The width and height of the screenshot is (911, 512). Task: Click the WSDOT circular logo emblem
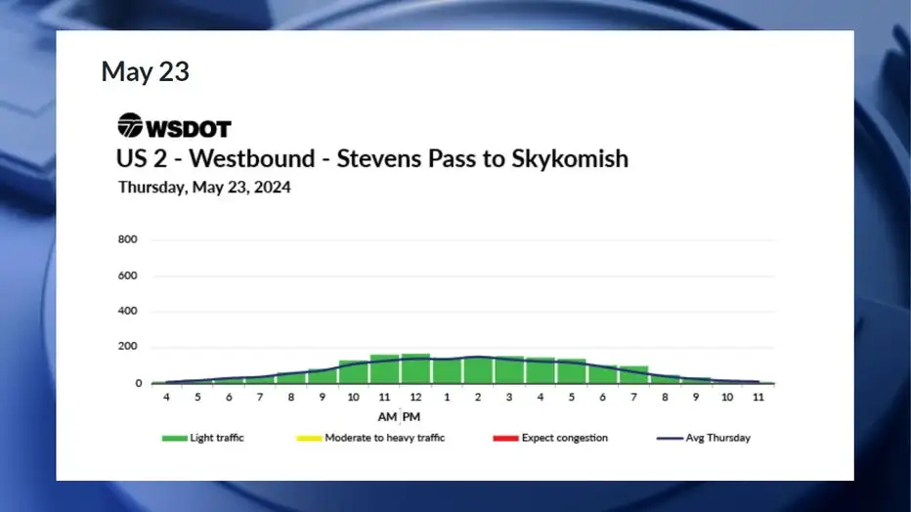click(x=130, y=125)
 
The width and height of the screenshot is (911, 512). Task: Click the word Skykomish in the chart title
click(x=570, y=159)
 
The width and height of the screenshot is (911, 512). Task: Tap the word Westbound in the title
click(x=252, y=158)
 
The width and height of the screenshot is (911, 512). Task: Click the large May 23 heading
click(x=146, y=72)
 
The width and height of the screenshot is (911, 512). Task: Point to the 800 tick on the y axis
click(x=127, y=239)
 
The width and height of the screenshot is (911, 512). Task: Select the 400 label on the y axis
click(x=127, y=311)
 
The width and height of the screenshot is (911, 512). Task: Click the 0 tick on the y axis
click(x=138, y=383)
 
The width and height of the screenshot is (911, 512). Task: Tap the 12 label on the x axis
click(x=415, y=397)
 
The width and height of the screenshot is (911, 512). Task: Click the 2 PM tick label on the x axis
click(x=478, y=397)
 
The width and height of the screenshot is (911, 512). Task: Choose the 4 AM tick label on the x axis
click(x=166, y=397)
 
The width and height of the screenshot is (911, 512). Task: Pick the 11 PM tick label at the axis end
click(x=759, y=397)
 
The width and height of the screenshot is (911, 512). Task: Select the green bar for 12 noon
click(x=415, y=368)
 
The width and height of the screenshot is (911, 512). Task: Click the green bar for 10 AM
click(x=353, y=372)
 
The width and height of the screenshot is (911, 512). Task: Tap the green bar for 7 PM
click(x=633, y=375)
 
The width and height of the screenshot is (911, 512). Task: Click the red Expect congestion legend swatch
click(x=505, y=439)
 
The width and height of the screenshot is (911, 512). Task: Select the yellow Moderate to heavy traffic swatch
click(x=309, y=439)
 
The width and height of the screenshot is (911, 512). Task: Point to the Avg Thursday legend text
click(x=718, y=438)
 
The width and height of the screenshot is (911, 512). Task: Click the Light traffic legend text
click(x=217, y=438)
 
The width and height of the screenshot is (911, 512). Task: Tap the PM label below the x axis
click(x=412, y=417)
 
